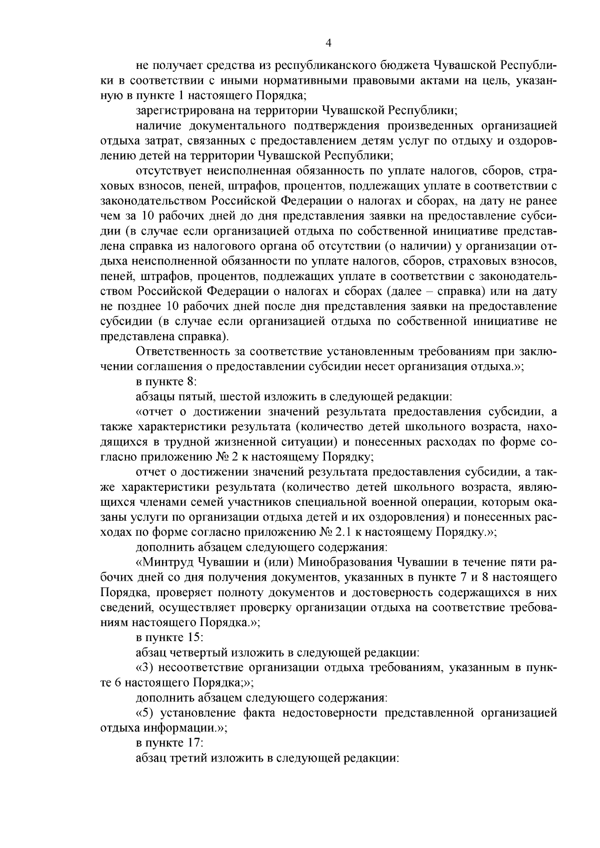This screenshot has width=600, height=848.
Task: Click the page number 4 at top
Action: [328, 43]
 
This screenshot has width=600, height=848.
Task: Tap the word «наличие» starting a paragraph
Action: [154, 125]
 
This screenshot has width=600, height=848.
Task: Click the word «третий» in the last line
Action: [187, 758]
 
